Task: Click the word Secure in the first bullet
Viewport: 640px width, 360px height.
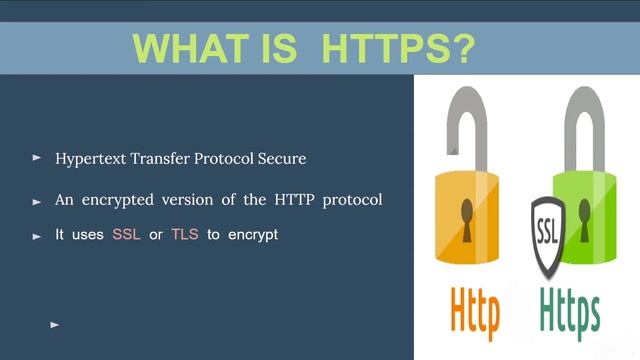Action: click(282, 159)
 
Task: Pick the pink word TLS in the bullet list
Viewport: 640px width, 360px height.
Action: click(185, 236)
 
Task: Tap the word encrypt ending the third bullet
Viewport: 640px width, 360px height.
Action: click(252, 236)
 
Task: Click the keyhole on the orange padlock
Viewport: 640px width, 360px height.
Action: click(466, 213)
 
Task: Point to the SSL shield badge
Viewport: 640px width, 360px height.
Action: click(547, 234)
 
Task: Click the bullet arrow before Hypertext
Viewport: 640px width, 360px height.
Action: click(37, 158)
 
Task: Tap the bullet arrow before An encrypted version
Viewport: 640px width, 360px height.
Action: click(37, 201)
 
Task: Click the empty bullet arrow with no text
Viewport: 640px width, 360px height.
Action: click(55, 324)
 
